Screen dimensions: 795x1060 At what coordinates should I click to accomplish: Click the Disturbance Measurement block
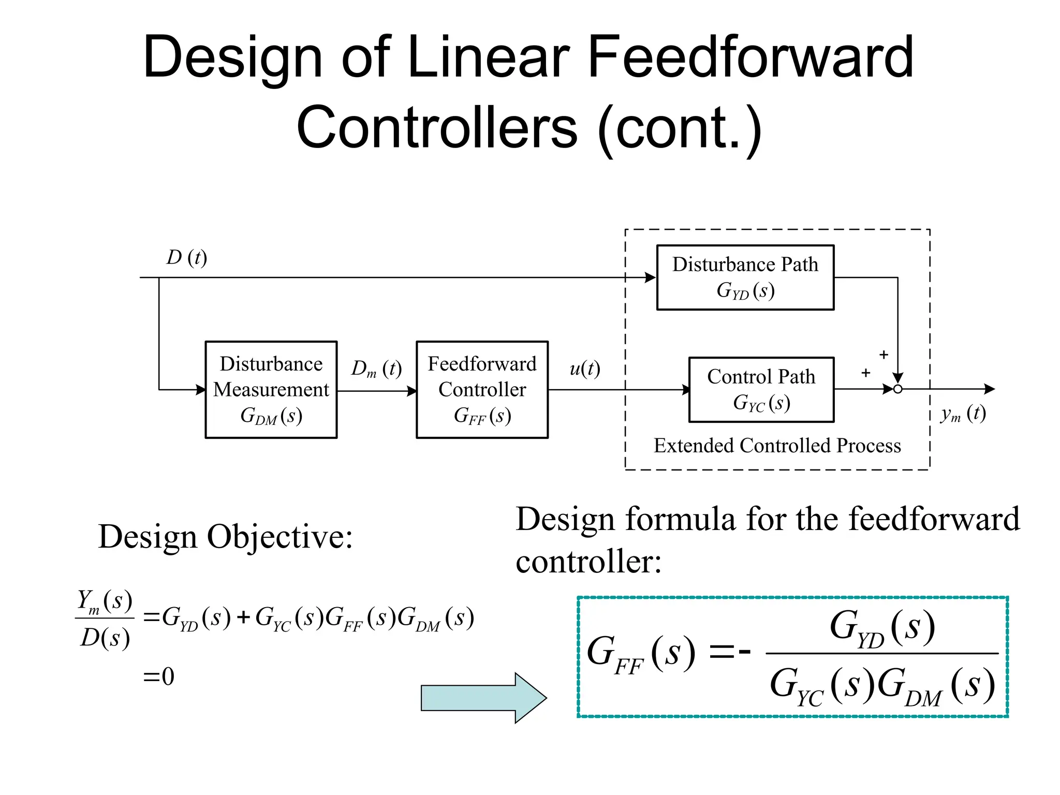(x=271, y=389)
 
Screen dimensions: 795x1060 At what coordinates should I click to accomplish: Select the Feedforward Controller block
(x=482, y=389)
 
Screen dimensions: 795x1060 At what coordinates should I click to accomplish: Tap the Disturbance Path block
(x=745, y=277)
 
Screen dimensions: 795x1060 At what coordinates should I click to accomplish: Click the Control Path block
(x=761, y=389)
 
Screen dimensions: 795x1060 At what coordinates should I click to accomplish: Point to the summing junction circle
(x=897, y=389)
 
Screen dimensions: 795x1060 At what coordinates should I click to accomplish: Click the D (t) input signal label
(x=186, y=257)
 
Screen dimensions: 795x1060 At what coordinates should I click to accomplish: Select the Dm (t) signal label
(x=376, y=369)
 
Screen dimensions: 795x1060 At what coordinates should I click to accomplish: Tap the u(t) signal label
(x=585, y=369)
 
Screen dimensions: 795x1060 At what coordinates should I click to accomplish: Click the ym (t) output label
(x=963, y=414)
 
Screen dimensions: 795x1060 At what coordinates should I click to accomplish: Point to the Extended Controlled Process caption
(x=777, y=446)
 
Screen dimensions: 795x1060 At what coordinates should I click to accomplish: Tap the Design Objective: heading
(x=225, y=537)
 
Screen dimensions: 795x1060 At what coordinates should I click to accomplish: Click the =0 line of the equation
(x=159, y=676)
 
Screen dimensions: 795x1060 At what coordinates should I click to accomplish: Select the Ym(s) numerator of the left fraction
(x=105, y=601)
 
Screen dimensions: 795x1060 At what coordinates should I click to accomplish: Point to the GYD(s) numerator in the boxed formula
(x=882, y=628)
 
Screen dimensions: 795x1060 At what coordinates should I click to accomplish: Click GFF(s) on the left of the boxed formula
(x=641, y=654)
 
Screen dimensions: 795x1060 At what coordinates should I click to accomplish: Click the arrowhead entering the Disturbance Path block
(x=650, y=277)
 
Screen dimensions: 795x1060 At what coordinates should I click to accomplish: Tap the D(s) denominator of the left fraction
(x=105, y=638)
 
